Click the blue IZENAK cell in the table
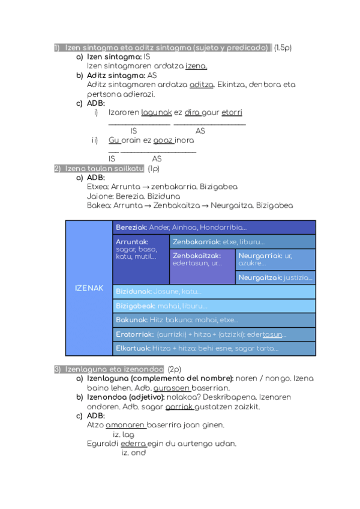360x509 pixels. click(x=89, y=288)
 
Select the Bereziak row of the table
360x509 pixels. click(x=214, y=227)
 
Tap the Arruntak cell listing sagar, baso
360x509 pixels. click(x=141, y=259)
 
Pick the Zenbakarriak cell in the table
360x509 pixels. click(x=243, y=241)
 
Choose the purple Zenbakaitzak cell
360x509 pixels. click(x=202, y=267)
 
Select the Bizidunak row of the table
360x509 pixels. click(x=214, y=292)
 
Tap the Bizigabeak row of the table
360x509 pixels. click(x=214, y=306)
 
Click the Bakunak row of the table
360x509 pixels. click(x=214, y=320)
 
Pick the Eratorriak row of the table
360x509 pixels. click(x=214, y=334)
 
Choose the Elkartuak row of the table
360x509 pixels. click(x=214, y=348)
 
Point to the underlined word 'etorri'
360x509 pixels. click(x=232, y=112)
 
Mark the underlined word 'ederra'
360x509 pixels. click(x=133, y=444)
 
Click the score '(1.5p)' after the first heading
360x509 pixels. click(x=283, y=47)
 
